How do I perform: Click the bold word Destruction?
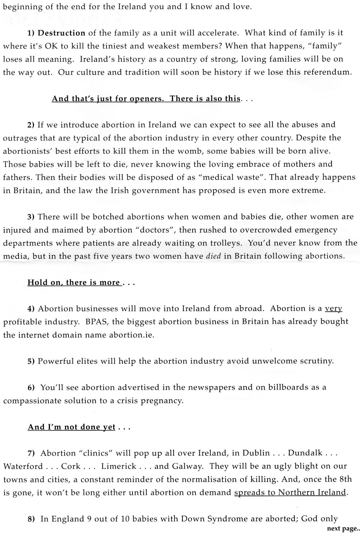[61, 33]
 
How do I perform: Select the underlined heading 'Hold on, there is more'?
[74, 282]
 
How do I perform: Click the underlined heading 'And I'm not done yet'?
[72, 427]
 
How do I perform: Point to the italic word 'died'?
[213, 256]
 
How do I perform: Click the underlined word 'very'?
[333, 309]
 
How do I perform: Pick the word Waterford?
[23, 466]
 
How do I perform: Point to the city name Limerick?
[118, 466]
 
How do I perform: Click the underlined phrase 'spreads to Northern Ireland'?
[290, 492]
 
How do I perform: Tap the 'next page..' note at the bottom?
[343, 529]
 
